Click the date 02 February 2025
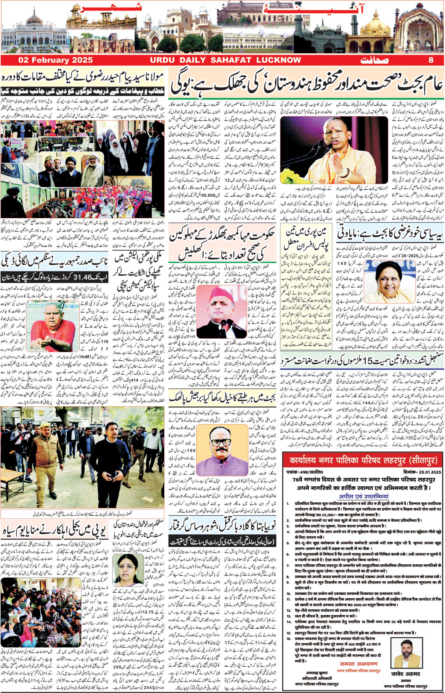tap(56, 60)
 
